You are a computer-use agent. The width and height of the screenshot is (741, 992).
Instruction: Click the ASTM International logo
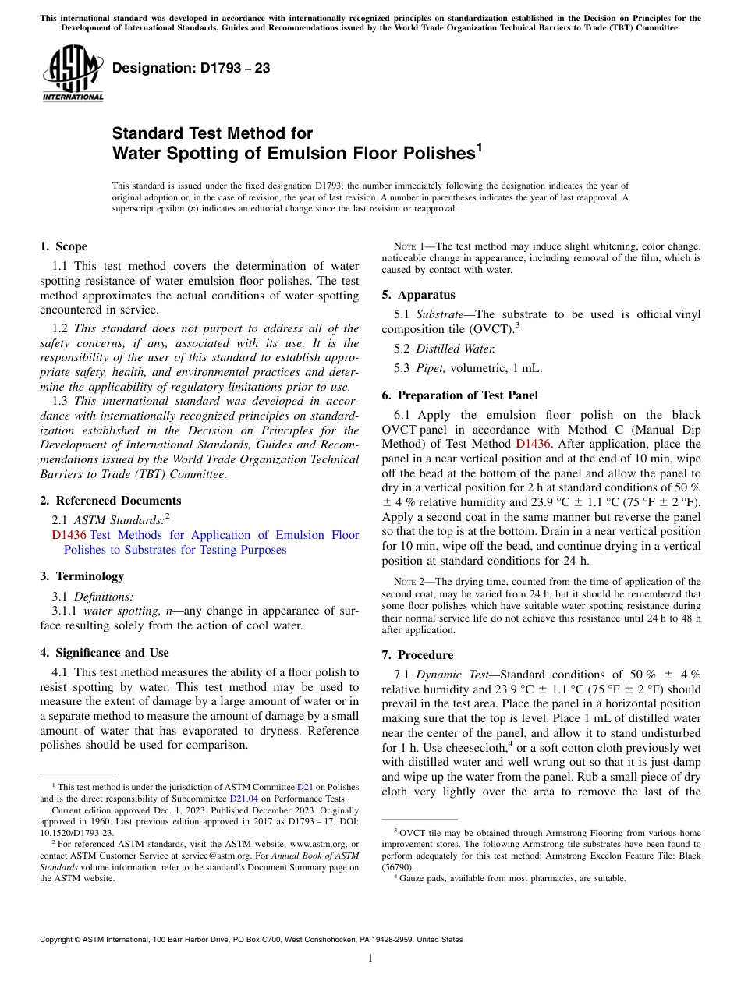click(73, 73)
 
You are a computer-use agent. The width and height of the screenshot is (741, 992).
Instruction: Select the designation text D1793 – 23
click(191, 68)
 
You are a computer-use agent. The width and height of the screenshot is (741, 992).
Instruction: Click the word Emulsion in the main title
click(301, 153)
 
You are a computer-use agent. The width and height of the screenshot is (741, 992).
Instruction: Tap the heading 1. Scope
click(63, 246)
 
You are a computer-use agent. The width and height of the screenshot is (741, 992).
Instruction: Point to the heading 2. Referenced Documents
click(110, 501)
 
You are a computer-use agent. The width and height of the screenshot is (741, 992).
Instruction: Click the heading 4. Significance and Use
click(104, 653)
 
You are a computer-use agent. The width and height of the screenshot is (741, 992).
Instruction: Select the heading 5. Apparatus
click(418, 295)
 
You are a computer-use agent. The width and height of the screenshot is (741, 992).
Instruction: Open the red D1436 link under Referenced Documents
click(68, 535)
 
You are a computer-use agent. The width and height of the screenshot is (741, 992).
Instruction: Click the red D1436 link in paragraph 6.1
click(534, 445)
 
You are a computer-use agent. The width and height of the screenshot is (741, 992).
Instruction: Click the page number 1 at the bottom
click(370, 958)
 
